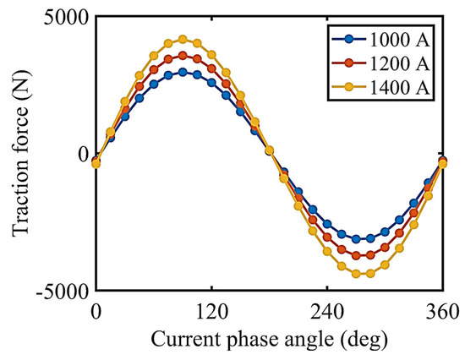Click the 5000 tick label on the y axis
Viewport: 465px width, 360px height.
click(66, 19)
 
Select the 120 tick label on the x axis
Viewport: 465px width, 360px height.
click(211, 311)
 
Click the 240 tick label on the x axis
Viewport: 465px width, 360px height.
click(327, 311)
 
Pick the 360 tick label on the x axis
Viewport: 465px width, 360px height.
click(442, 311)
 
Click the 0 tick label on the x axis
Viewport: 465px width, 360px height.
click(96, 311)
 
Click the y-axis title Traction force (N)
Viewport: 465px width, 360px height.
click(21, 153)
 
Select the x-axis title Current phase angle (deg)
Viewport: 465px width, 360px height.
click(269, 339)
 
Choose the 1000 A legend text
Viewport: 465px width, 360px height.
click(399, 40)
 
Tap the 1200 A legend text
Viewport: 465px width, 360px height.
click(399, 63)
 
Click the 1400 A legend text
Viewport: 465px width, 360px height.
click(399, 88)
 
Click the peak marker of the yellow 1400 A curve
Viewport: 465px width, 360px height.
click(183, 39)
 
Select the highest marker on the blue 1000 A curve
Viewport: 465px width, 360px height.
click(183, 72)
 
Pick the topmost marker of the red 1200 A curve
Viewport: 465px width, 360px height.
click(183, 56)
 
